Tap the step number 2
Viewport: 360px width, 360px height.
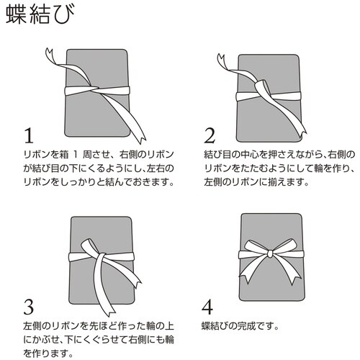pyautogui.click(x=210, y=136)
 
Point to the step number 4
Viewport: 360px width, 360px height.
pyautogui.click(x=209, y=307)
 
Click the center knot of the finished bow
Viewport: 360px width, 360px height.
pyautogui.click(x=269, y=255)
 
